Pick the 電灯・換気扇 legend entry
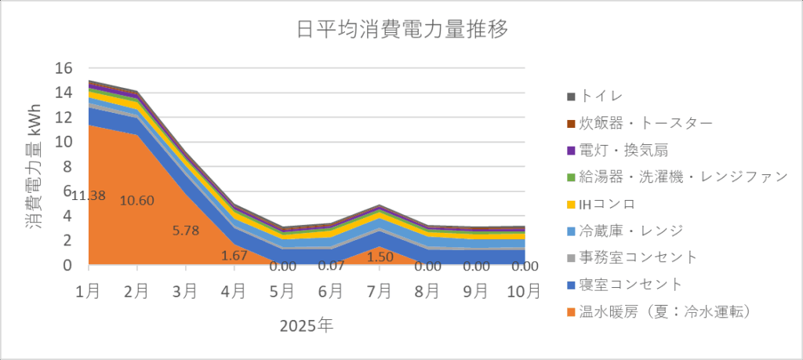(623, 150)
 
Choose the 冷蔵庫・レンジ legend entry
(630, 231)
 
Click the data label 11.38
(88, 195)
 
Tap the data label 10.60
(137, 200)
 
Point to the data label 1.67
(234, 255)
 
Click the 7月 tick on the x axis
(379, 292)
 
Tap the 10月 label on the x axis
(523, 292)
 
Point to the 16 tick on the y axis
(63, 68)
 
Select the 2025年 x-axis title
(306, 325)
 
